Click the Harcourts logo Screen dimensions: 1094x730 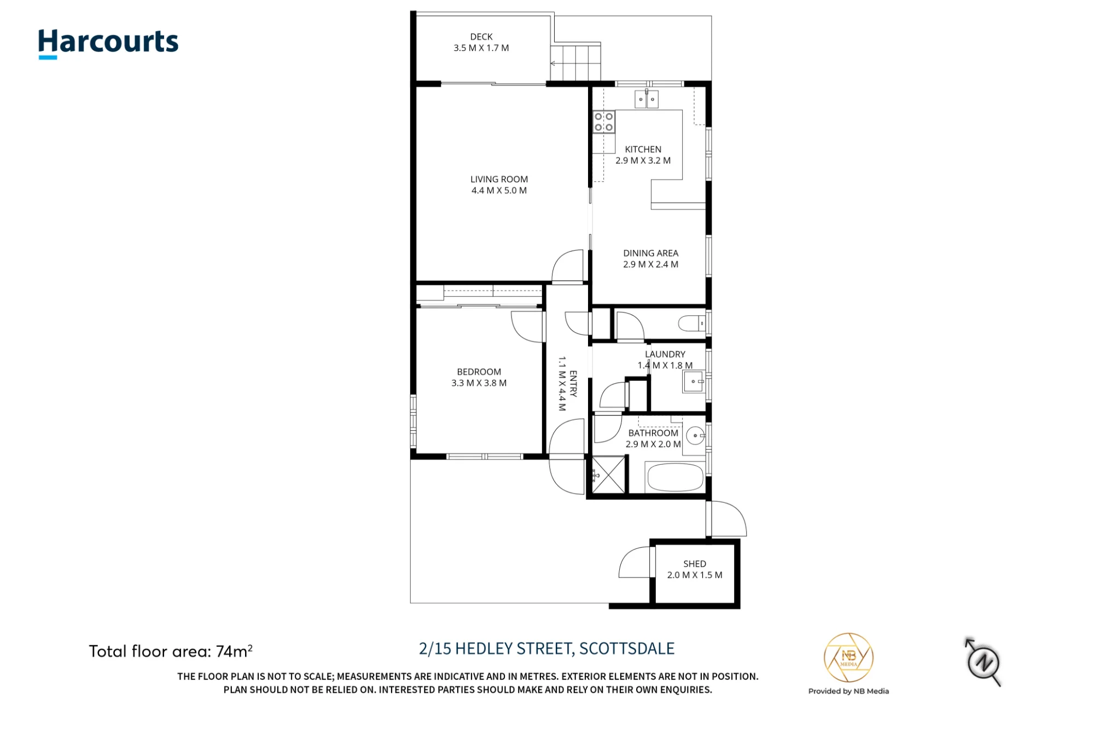pyautogui.click(x=108, y=43)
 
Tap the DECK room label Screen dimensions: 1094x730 pyautogui.click(x=481, y=37)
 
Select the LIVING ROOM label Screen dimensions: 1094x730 pyautogui.click(x=499, y=179)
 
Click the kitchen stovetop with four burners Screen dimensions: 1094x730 pyautogui.click(x=604, y=121)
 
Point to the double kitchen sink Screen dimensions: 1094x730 pyautogui.click(x=647, y=99)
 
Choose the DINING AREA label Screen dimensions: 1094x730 pyautogui.click(x=650, y=253)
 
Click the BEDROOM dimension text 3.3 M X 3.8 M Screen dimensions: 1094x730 pyautogui.click(x=479, y=383)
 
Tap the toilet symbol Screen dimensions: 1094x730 pyautogui.click(x=693, y=323)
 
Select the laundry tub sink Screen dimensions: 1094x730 pyautogui.click(x=694, y=381)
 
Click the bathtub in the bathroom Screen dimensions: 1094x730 pyautogui.click(x=675, y=477)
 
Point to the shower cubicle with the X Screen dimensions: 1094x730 pyautogui.click(x=608, y=474)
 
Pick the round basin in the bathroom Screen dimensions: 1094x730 pyautogui.click(x=696, y=436)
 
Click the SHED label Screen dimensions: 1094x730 pyautogui.click(x=695, y=564)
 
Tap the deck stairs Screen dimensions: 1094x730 pyautogui.click(x=575, y=63)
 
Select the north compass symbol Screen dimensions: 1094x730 pyautogui.click(x=984, y=662)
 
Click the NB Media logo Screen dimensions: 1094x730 pyautogui.click(x=848, y=657)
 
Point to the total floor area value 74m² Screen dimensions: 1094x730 pyautogui.click(x=234, y=651)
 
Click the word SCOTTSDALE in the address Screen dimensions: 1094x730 pyautogui.click(x=627, y=648)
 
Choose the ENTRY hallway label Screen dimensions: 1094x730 pyautogui.click(x=573, y=384)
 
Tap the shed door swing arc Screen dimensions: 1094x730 pyautogui.click(x=629, y=558)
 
